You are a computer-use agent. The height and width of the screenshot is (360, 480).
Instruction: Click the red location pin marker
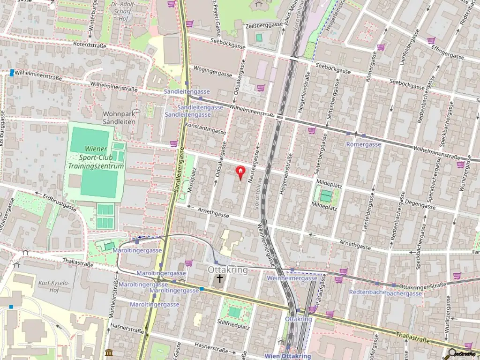coord(240,172)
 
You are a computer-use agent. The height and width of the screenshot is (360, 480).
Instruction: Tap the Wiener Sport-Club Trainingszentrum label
coord(96,157)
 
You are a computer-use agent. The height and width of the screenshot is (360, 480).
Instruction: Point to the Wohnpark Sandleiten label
coord(119,118)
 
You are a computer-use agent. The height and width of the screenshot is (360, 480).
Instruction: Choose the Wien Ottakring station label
coord(287,356)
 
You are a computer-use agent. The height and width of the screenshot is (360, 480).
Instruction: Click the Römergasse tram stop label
coord(364,144)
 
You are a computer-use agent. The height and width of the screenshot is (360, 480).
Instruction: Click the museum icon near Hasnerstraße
coord(109,352)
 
